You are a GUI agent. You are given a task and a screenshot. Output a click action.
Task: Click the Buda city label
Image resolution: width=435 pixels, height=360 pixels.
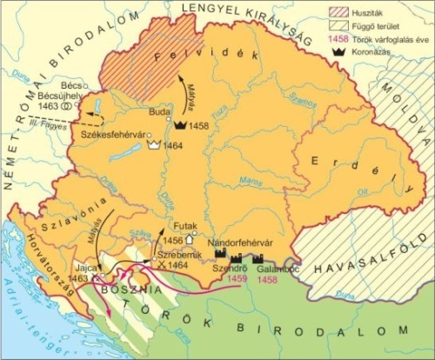pyautogui.click(x=158, y=111)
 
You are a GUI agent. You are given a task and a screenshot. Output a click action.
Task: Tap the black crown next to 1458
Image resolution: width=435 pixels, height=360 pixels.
pyautogui.click(x=181, y=125)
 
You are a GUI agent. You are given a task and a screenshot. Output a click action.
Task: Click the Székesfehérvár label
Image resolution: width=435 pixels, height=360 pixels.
pyautogui.click(x=111, y=136)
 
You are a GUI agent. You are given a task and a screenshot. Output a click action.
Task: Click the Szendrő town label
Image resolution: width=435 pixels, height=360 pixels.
pyautogui.click(x=224, y=269)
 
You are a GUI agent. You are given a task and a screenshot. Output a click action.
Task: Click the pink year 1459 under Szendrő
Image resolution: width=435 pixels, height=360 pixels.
pyautogui.click(x=224, y=279)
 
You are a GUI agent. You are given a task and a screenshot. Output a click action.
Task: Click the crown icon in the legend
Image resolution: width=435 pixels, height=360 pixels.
pyautogui.click(x=335, y=53)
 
